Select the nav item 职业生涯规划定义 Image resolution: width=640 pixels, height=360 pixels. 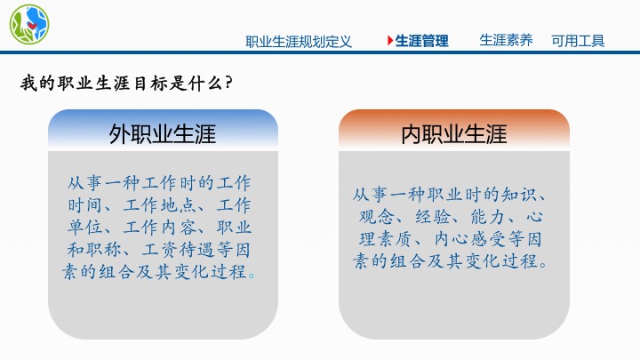[x=299, y=41]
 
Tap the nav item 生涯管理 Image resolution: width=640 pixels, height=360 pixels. [x=421, y=41]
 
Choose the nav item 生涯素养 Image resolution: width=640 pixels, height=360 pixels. [x=506, y=40]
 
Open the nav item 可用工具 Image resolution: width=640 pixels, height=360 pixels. [x=578, y=41]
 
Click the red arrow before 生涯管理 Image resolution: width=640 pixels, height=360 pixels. [x=389, y=41]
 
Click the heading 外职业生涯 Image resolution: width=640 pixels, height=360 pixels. [x=163, y=134]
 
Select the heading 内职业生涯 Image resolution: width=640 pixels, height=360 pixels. [x=453, y=134]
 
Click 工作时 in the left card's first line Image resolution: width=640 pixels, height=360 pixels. [x=187, y=183]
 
